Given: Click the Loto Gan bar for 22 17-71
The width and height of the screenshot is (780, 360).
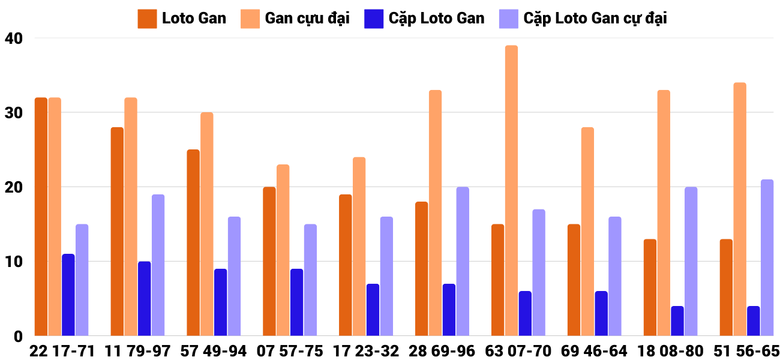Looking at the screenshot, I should [41, 217].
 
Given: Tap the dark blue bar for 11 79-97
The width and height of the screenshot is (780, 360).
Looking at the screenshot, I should [145, 299].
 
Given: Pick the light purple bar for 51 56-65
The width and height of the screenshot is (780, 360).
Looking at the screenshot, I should [767, 258].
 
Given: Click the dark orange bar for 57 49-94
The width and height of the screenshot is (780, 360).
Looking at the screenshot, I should [193, 243].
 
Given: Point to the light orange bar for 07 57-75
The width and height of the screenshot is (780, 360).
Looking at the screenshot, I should [283, 250].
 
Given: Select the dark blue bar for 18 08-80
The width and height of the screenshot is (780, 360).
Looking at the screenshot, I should [677, 321].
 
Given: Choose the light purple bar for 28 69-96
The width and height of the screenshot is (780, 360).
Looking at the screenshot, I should [463, 262].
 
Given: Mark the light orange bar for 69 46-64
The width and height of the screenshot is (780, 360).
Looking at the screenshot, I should [587, 232].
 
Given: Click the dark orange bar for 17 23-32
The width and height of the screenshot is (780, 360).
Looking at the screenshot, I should [346, 265].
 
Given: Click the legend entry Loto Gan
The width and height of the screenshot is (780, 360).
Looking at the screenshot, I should [194, 19].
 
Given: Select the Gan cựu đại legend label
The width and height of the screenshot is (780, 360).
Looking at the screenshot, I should [307, 19].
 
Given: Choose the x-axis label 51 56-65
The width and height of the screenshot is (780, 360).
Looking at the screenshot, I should [749, 351].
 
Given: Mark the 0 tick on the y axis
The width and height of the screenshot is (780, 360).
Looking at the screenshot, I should [18, 337].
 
